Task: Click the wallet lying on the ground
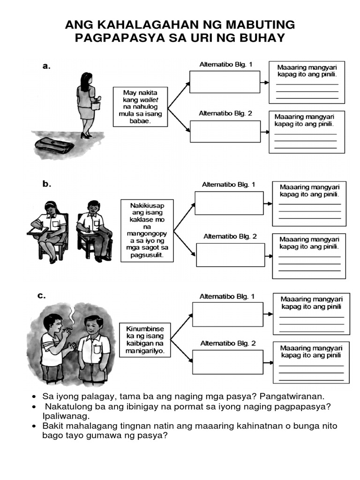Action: click(x=54, y=145)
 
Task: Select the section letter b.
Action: click(x=47, y=184)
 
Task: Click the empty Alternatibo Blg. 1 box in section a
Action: click(x=225, y=82)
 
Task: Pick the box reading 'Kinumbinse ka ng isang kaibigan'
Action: click(x=144, y=339)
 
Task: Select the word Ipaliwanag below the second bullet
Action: click(x=65, y=416)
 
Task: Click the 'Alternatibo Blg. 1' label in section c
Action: click(x=227, y=296)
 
